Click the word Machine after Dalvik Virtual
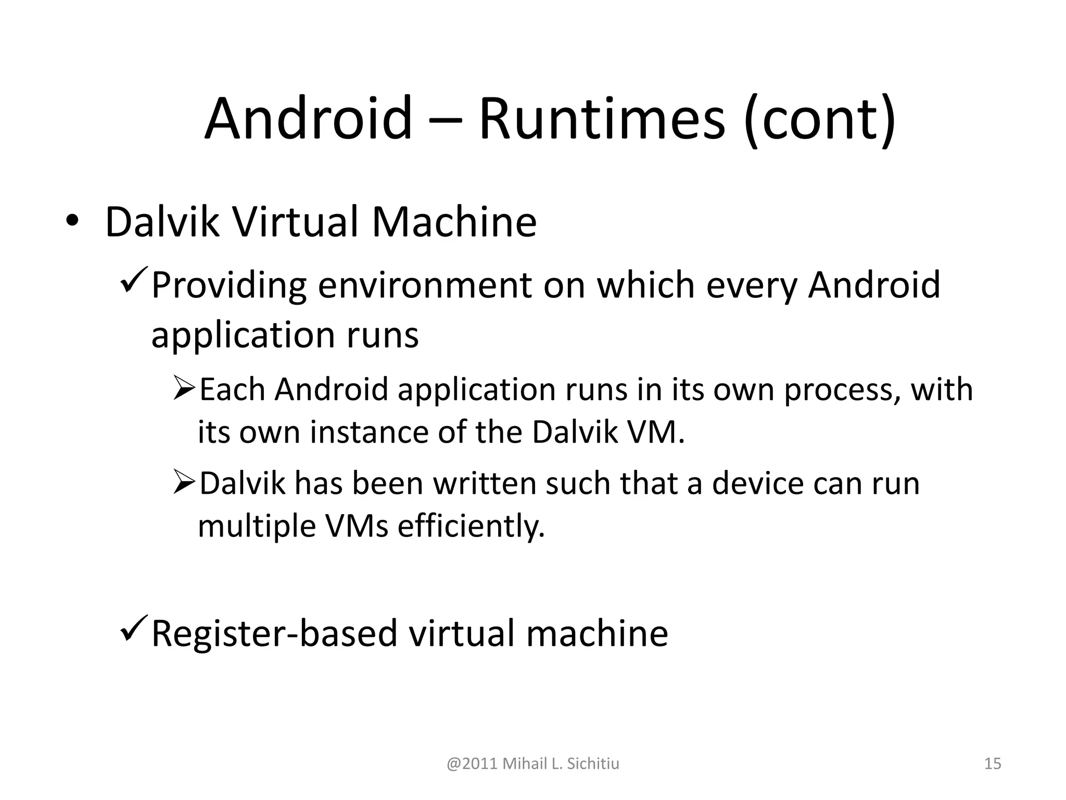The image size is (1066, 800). point(453,222)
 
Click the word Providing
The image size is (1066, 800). point(229,286)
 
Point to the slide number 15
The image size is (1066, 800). point(993,764)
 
